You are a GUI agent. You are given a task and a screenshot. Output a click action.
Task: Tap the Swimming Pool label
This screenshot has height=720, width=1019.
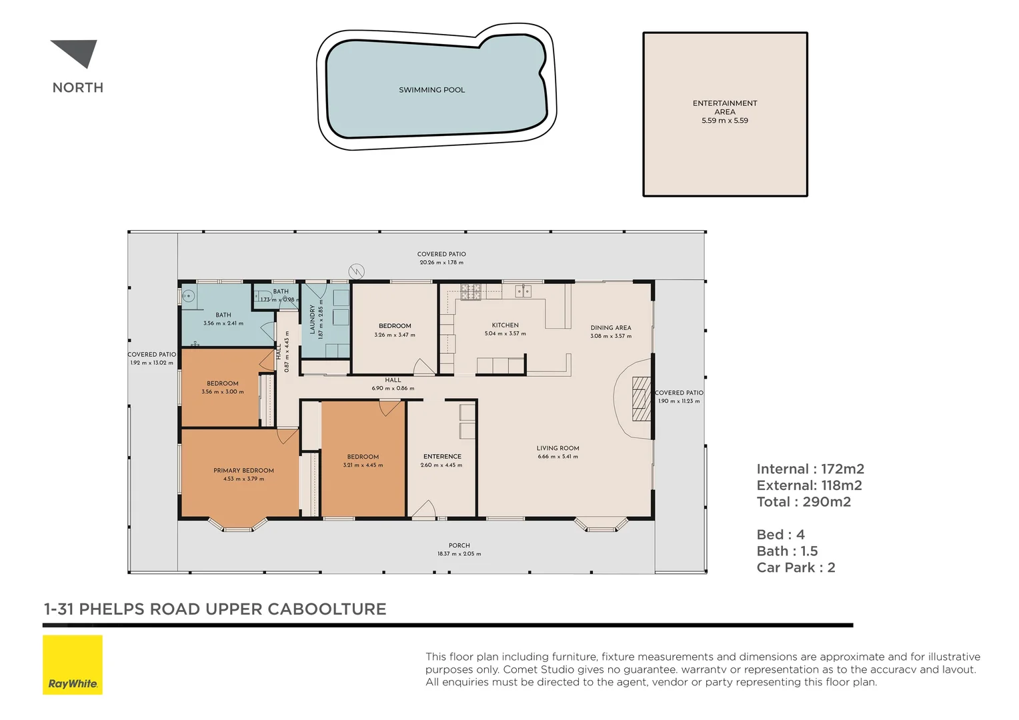pos(431,90)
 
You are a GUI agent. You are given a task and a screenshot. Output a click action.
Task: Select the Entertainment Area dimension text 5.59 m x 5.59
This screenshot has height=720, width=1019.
pos(725,121)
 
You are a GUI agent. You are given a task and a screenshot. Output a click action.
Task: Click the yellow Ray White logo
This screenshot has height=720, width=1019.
pos(73,665)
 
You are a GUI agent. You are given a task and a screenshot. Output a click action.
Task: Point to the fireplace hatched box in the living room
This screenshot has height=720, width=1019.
pos(641,399)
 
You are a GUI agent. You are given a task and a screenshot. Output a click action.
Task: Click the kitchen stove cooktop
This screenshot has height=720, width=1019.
pos(470,292)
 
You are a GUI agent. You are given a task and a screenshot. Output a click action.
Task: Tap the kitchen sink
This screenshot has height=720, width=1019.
pos(523,291)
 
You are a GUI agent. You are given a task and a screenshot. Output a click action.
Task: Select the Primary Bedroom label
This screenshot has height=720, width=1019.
pos(244,470)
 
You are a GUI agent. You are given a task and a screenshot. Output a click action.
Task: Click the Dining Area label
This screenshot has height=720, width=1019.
pos(611,327)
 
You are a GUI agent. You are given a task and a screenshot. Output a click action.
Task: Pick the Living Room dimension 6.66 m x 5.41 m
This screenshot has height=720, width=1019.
pos(558,457)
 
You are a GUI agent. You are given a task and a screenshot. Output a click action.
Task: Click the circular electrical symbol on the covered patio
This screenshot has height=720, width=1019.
pos(356,271)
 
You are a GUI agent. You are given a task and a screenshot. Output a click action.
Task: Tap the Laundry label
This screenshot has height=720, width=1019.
pos(313,320)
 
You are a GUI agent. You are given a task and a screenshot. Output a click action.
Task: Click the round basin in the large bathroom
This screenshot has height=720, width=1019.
pos(188,297)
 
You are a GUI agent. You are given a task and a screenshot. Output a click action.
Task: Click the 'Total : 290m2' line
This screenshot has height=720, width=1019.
pos(804,502)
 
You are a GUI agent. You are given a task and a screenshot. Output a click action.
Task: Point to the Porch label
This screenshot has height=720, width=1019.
pos(459,545)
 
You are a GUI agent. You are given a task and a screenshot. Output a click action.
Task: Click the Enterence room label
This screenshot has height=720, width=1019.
pos(442,456)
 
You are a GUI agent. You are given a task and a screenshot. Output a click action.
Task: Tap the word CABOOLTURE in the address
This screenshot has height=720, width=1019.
pos(327,609)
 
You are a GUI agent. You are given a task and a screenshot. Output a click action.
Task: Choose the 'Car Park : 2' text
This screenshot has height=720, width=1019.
pos(796,567)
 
